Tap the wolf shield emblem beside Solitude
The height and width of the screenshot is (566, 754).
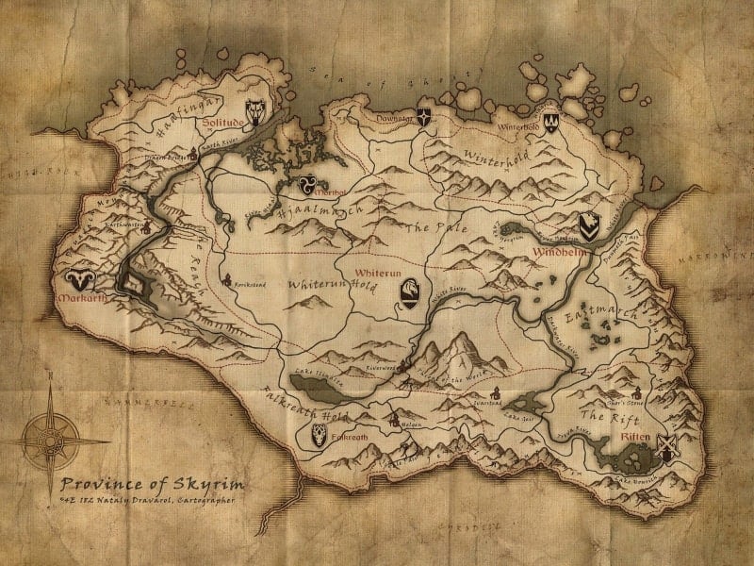[x=254, y=113]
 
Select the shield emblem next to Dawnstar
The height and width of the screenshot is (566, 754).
[x=426, y=122]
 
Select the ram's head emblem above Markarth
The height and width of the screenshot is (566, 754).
[x=78, y=279]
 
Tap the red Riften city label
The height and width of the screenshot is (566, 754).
[x=634, y=438]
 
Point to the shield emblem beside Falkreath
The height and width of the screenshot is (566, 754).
[x=320, y=435]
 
